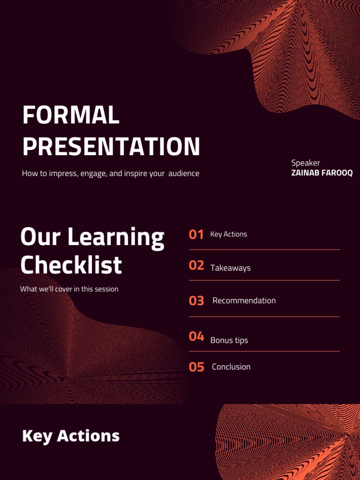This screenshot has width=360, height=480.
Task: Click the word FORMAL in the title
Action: click(71, 115)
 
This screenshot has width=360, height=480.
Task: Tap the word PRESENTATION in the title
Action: click(111, 146)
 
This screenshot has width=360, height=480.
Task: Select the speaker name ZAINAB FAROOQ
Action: click(322, 173)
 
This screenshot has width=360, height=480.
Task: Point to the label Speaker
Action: click(306, 163)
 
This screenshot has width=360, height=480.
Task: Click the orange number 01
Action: click(196, 234)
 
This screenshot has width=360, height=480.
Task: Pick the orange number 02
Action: click(196, 266)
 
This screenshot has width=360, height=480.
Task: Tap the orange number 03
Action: click(196, 301)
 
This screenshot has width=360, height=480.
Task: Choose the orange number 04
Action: click(196, 336)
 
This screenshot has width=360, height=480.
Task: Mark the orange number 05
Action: click(196, 367)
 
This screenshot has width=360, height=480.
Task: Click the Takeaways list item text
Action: click(231, 268)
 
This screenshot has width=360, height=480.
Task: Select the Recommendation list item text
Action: click(244, 300)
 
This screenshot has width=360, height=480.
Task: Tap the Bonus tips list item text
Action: click(229, 340)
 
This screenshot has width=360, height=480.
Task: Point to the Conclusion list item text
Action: click(231, 367)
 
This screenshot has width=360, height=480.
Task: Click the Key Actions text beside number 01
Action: click(228, 234)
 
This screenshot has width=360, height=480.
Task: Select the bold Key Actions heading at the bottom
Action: click(71, 436)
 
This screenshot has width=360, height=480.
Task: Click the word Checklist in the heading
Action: click(71, 265)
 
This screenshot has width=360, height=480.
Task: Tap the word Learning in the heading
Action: click(116, 238)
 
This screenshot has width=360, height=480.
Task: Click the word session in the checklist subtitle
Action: click(105, 289)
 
